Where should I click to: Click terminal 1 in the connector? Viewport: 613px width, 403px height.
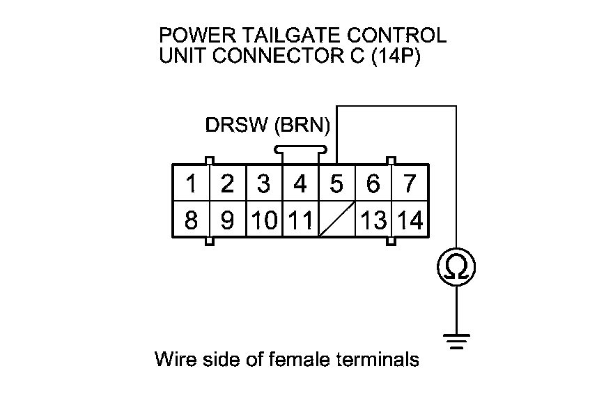tap(192, 183)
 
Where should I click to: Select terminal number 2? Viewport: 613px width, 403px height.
tap(228, 183)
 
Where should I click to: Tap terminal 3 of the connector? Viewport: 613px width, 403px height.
tap(264, 183)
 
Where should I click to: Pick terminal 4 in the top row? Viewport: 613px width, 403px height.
tap(300, 183)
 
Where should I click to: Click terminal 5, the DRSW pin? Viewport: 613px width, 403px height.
tap(336, 183)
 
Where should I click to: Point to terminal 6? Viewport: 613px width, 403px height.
tap(373, 183)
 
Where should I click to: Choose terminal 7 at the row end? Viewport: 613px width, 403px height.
tap(410, 183)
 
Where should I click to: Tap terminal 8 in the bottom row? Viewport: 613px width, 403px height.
tap(192, 219)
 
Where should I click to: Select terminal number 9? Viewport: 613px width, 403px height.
tap(228, 219)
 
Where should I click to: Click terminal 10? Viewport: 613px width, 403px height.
tap(264, 219)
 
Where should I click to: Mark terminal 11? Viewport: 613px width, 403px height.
tap(300, 219)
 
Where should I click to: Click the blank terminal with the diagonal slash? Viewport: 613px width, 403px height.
tap(336, 219)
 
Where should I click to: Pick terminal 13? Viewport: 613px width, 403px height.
tap(373, 219)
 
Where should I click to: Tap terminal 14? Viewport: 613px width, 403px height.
tap(410, 219)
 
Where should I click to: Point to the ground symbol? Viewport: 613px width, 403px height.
tap(456, 341)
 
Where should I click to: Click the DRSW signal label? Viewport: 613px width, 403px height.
tap(237, 126)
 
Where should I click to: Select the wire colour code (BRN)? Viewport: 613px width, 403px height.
tap(302, 126)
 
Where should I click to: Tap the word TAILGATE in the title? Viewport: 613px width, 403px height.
tap(292, 36)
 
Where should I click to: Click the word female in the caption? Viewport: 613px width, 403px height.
tap(300, 359)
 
